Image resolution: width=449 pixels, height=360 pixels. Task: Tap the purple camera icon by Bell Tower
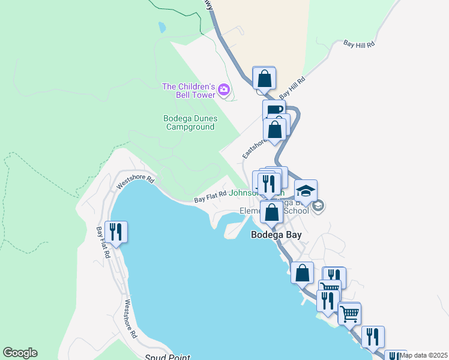pos(224,90)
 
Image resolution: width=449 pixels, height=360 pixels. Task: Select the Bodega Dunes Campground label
pos(190,122)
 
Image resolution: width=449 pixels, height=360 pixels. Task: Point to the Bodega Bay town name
pos(276,235)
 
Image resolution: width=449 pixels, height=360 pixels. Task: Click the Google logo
pos(20,353)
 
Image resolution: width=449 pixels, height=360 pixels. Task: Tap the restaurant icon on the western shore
pos(115,232)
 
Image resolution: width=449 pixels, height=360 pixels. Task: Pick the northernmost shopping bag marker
pos(264,78)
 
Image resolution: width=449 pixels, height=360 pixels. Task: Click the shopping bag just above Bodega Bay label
pos(271,212)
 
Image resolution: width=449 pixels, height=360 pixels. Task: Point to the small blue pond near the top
pos(161,27)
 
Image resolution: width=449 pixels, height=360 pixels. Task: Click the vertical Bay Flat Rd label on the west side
pos(103,242)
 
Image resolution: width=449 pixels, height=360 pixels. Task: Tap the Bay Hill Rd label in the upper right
pos(359,44)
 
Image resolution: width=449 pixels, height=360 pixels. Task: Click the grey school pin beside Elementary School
pos(318,206)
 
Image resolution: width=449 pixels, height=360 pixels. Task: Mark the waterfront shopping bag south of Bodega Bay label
pos(302,273)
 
